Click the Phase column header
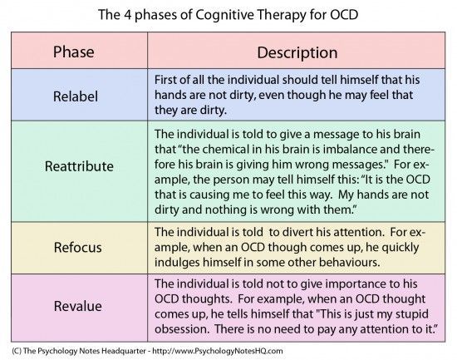(x=73, y=52)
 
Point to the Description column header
(x=297, y=53)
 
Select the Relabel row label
(x=76, y=96)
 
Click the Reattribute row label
(x=79, y=166)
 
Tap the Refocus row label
(x=78, y=248)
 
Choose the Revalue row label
(x=78, y=306)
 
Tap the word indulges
(x=177, y=263)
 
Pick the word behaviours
(x=350, y=263)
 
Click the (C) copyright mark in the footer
(x=17, y=351)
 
